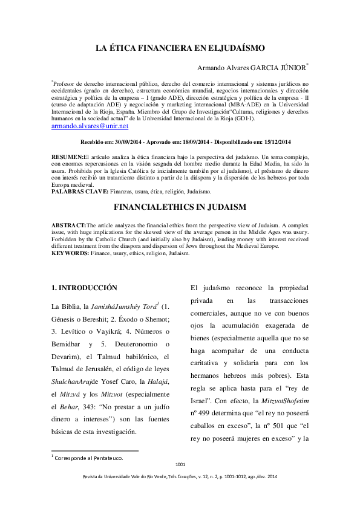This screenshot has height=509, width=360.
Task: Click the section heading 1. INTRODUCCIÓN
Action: click(x=84, y=287)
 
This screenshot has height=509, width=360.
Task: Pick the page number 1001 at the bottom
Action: click(x=180, y=464)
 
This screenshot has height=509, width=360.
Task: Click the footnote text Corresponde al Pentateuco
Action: click(x=89, y=458)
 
